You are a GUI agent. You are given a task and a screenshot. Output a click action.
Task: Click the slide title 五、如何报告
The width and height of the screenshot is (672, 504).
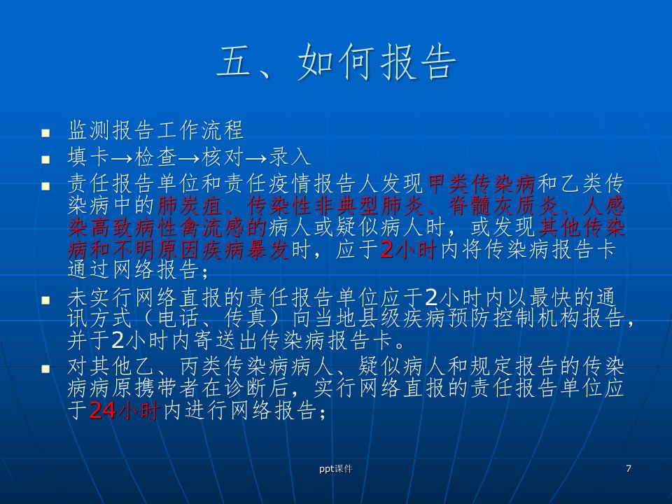[x=337, y=62]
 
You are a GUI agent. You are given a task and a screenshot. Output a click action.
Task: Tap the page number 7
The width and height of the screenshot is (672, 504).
[x=629, y=468]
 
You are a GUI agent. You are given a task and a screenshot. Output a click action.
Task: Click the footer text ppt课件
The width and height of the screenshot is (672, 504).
[x=335, y=469]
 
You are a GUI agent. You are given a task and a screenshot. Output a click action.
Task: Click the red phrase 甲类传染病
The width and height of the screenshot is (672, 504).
[x=482, y=184]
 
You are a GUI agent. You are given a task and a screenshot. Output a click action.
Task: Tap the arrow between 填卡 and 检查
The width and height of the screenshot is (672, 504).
[x=122, y=159]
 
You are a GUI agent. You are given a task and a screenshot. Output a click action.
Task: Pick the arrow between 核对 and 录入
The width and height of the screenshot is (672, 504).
[x=256, y=159]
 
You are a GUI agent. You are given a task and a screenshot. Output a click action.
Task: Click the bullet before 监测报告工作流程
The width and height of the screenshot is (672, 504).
[x=46, y=133]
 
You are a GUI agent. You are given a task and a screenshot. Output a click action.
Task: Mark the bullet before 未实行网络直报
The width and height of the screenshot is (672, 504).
[x=46, y=300]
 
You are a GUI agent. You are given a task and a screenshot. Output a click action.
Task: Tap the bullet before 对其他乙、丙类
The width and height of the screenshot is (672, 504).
[x=46, y=369]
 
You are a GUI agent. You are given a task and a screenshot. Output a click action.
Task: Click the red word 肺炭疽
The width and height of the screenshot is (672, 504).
[x=190, y=206]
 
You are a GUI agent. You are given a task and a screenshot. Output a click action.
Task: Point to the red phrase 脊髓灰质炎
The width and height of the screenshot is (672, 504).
[x=503, y=206]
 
